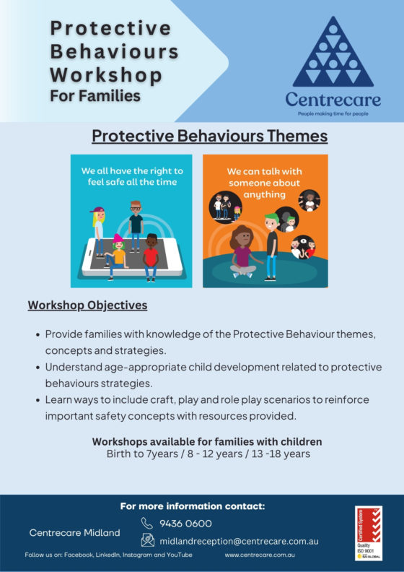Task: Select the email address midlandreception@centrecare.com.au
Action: click(x=239, y=540)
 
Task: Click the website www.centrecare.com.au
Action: click(x=260, y=555)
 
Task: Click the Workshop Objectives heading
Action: click(x=87, y=305)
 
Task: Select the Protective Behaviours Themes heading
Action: click(x=210, y=136)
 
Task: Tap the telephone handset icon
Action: click(x=147, y=523)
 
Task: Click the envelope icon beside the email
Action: click(x=147, y=540)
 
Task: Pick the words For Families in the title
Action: click(x=95, y=95)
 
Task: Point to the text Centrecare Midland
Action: click(x=74, y=532)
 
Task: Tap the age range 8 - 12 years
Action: click(x=215, y=454)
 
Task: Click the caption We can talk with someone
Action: click(x=265, y=183)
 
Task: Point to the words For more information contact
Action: click(x=193, y=506)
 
